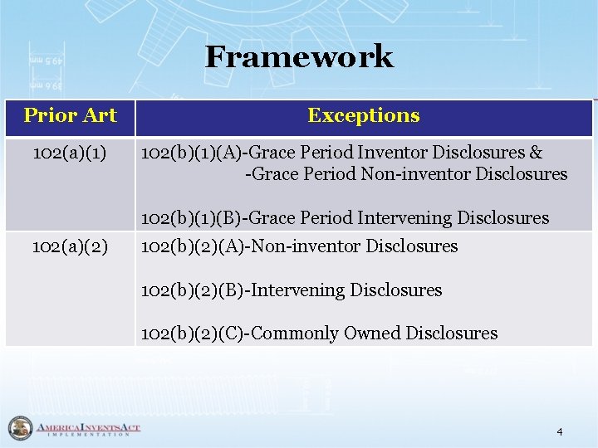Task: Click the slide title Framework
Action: tap(299, 57)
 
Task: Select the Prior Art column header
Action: tap(70, 115)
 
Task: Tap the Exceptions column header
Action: tap(363, 116)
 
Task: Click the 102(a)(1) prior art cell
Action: tap(70, 153)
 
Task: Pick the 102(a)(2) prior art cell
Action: tap(70, 246)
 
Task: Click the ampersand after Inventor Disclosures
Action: tap(536, 153)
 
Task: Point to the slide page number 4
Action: tap(560, 431)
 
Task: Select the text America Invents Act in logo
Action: tap(87, 426)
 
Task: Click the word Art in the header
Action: tap(100, 115)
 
